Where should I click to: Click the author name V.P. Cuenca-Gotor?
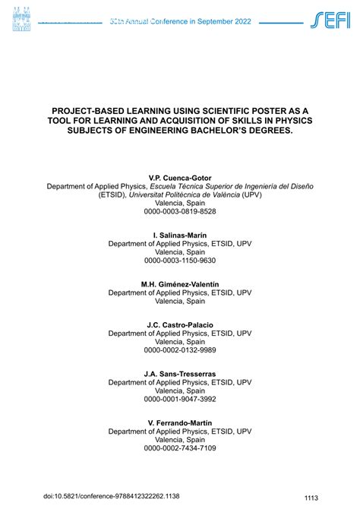[x=180, y=177]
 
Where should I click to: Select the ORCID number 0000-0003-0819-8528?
[x=180, y=211]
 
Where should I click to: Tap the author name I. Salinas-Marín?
[x=180, y=235]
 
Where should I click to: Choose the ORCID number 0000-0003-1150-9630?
[x=180, y=261]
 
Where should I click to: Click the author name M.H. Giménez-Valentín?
[x=180, y=284]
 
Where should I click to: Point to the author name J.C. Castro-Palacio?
[x=180, y=325]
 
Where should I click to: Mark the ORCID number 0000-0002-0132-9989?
[x=180, y=350]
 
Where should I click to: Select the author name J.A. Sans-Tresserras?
[x=180, y=374]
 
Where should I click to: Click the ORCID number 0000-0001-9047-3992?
[x=180, y=399]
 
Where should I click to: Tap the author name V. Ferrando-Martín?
[x=180, y=422]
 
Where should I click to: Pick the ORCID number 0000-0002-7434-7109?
[x=180, y=448]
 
